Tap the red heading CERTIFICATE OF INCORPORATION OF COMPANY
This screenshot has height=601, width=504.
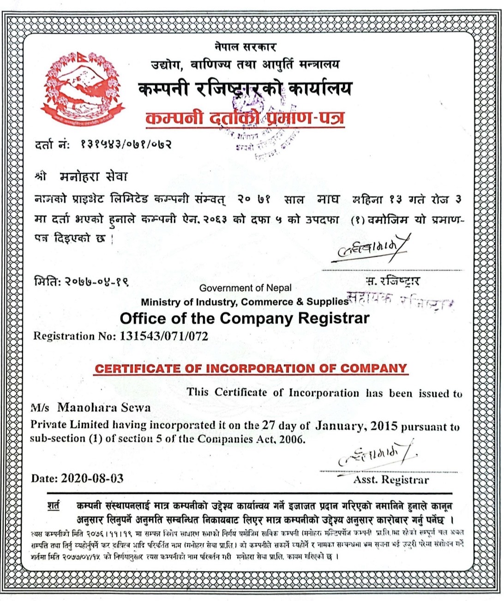(251, 369)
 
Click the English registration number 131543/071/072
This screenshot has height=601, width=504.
(164, 336)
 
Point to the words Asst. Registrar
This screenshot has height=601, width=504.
(391, 480)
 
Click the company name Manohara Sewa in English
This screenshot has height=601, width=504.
(104, 408)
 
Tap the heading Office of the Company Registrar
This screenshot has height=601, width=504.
(245, 319)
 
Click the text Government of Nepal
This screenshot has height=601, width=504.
(245, 288)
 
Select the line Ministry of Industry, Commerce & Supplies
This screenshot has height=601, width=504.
(245, 302)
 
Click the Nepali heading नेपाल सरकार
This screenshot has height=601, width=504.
(245, 47)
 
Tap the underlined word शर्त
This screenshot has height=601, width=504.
(54, 505)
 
